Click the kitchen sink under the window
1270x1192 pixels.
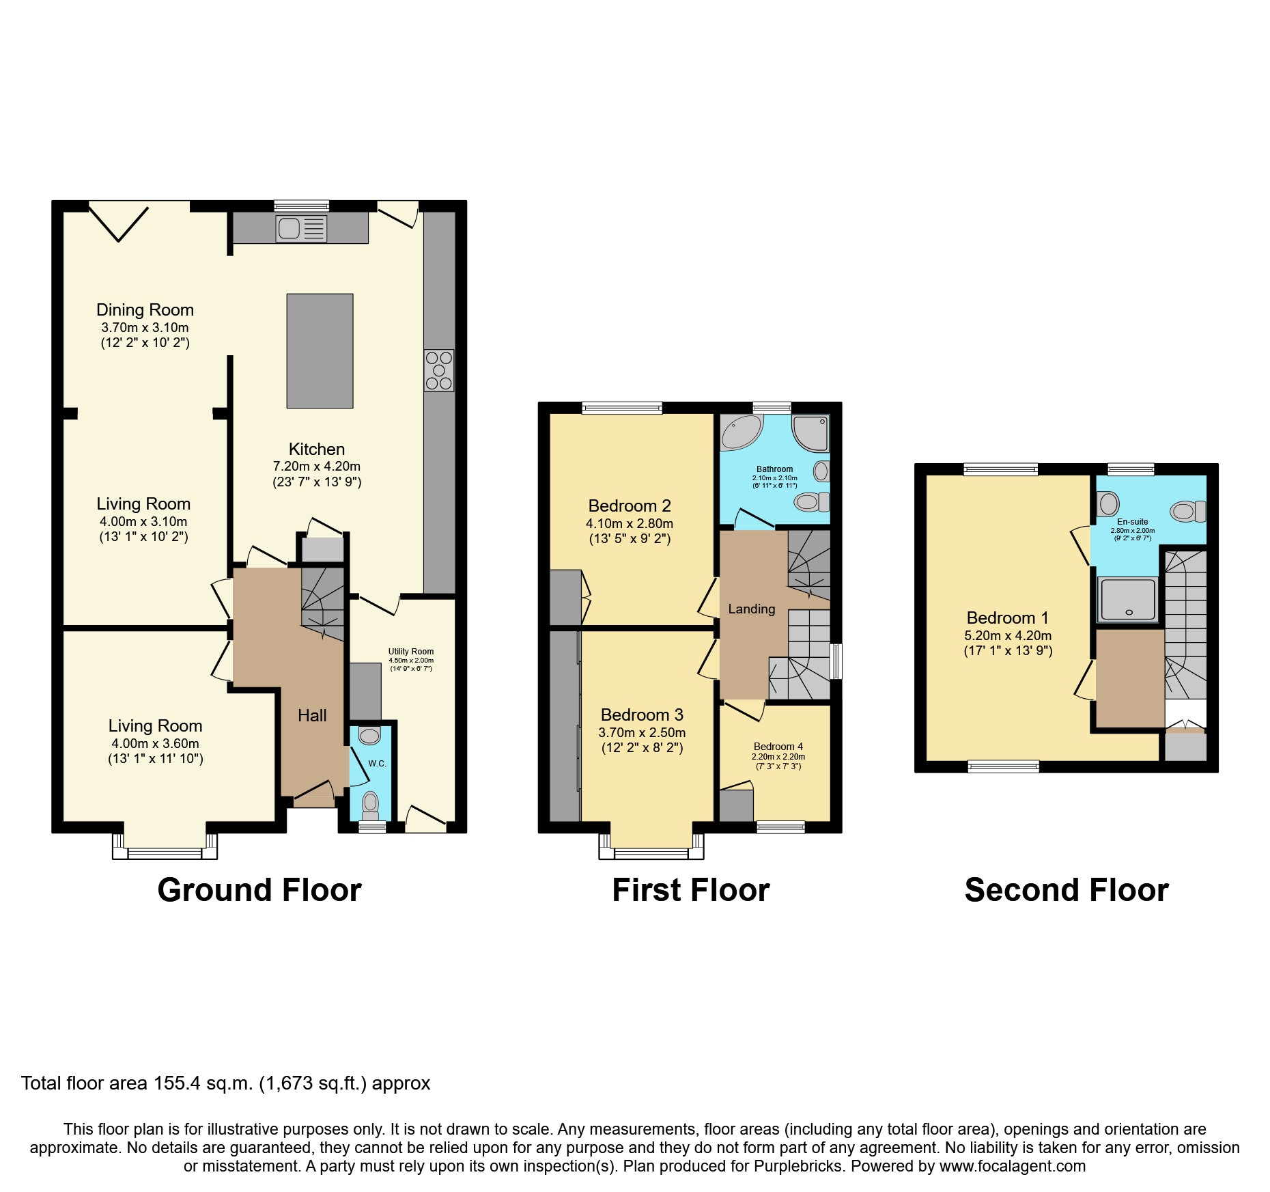(x=301, y=229)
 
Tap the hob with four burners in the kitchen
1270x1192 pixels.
(x=438, y=370)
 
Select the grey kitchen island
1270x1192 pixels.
(x=320, y=350)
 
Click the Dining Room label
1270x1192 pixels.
(x=145, y=310)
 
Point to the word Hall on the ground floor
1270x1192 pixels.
(x=312, y=715)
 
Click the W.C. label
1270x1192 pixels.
(x=377, y=763)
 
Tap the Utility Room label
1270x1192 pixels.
(x=411, y=651)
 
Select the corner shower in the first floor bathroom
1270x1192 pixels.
(x=811, y=432)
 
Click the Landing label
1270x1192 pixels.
(x=751, y=609)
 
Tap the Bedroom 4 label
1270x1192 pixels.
(x=778, y=746)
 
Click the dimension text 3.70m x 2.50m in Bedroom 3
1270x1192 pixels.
(x=642, y=732)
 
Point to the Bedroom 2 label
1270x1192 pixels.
(x=630, y=506)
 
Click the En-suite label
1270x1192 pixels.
(x=1132, y=521)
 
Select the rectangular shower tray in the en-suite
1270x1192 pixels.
(x=1128, y=599)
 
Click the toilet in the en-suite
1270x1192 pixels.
(x=1187, y=510)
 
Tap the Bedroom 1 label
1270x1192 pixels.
(x=1007, y=618)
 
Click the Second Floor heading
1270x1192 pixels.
(x=1066, y=890)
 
